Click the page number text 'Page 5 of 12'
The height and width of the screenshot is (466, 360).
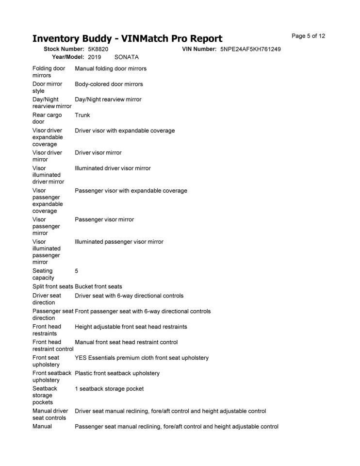pyautogui.click(x=308, y=36)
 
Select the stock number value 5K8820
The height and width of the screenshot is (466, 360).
pyautogui.click(x=98, y=49)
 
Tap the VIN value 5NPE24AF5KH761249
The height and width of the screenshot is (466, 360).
pyautogui.click(x=250, y=49)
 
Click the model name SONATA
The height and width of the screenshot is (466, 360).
pyautogui.click(x=127, y=57)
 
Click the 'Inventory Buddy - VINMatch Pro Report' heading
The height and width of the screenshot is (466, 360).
pyautogui.click(x=127, y=39)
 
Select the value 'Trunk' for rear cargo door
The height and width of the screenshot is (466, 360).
pyautogui.click(x=82, y=115)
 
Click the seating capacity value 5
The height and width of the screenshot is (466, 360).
pyautogui.click(x=77, y=271)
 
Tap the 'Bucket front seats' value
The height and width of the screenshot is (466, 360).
pyautogui.click(x=98, y=286)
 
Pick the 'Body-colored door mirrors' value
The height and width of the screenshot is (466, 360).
pyautogui.click(x=109, y=84)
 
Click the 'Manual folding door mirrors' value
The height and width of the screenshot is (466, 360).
pyautogui.click(x=111, y=68)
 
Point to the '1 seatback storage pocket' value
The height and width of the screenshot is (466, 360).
pyautogui.click(x=109, y=388)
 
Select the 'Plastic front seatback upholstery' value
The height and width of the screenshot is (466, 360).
pyautogui.click(x=117, y=373)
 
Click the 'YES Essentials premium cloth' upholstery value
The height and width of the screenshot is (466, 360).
pyautogui.click(x=142, y=358)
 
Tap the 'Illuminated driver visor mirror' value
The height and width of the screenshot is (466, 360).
pyautogui.click(x=113, y=168)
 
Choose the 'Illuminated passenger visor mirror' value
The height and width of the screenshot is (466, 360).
pyautogui.click(x=119, y=241)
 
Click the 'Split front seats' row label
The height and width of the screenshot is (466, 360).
pyautogui.click(x=52, y=286)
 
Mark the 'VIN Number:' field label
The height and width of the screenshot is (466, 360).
pyautogui.click(x=199, y=49)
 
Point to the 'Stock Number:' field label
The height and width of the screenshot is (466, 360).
pyautogui.click(x=64, y=49)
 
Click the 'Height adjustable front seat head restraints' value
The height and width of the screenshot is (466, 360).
pyautogui.click(x=131, y=327)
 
